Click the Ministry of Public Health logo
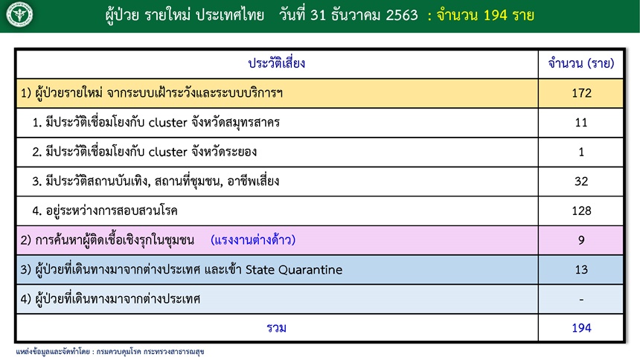(x=19, y=15)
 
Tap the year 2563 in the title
(x=402, y=15)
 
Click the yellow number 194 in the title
(x=496, y=15)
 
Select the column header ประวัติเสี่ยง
(x=277, y=63)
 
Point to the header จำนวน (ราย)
(x=580, y=63)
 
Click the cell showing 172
(x=581, y=93)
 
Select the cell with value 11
(x=581, y=123)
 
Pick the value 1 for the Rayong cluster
(x=581, y=152)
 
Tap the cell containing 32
(x=581, y=181)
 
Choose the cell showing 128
(x=581, y=210)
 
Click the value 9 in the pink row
(x=581, y=240)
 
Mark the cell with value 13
(x=581, y=269)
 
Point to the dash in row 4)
(x=581, y=300)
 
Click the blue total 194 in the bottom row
(x=581, y=328)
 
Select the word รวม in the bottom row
(x=276, y=328)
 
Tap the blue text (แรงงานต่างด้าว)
(x=253, y=240)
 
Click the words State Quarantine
(x=294, y=269)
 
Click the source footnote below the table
(x=110, y=351)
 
